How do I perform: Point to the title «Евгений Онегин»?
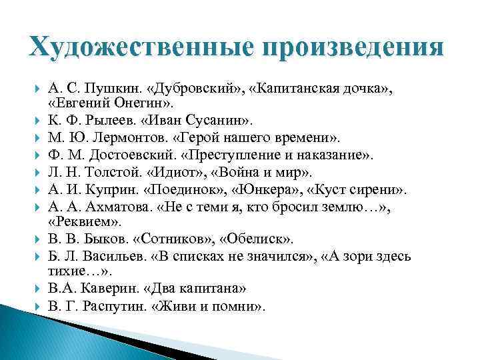tap(109, 105)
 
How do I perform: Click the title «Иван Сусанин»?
tap(197, 122)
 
